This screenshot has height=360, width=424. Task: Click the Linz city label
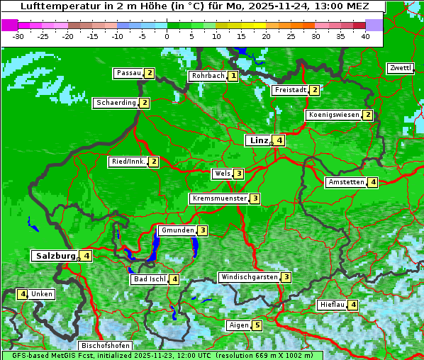point(258,140)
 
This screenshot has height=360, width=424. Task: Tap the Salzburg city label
point(55,256)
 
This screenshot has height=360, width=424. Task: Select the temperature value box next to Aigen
point(257,326)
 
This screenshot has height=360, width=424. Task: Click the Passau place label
point(129,73)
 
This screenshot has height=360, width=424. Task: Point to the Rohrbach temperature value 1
point(233,76)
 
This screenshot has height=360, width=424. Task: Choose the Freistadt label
point(290,90)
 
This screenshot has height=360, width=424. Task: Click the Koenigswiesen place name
point(333,115)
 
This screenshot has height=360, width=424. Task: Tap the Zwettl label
point(400,68)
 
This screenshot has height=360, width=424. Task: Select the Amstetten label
point(346,182)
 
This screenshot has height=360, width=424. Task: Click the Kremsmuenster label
point(219,198)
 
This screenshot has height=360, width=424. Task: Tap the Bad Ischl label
point(149,279)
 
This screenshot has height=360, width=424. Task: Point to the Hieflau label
point(332,305)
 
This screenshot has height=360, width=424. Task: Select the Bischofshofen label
point(105,346)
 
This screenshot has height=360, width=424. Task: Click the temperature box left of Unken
point(23,294)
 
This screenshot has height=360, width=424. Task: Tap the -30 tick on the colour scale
point(18,36)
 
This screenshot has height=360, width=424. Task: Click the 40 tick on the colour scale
point(365,36)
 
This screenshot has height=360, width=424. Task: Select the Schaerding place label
point(116,103)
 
